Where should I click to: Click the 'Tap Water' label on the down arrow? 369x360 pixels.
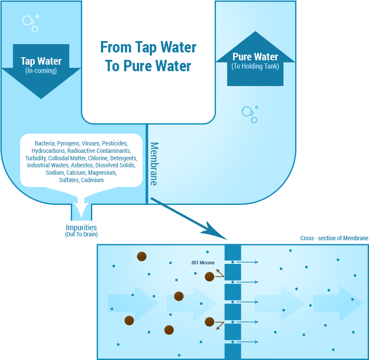(41, 61)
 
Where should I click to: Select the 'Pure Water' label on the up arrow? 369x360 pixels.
(255, 57)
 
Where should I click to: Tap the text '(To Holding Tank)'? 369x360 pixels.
(255, 66)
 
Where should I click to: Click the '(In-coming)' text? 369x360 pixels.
(41, 70)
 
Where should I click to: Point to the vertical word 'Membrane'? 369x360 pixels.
(153, 164)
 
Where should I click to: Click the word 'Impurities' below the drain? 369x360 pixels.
(81, 228)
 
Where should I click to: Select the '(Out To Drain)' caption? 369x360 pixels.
(81, 235)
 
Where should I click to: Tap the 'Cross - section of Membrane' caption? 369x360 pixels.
(334, 238)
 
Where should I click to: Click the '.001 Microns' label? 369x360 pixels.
(202, 263)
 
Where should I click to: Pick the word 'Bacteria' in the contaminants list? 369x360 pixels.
(45, 143)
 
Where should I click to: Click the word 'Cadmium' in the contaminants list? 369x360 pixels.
(92, 180)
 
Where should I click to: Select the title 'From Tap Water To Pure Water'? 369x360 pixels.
(148, 56)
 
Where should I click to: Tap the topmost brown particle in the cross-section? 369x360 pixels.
(142, 256)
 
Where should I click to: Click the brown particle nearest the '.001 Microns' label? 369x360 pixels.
(209, 276)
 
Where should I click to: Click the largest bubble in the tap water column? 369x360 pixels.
(28, 21)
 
